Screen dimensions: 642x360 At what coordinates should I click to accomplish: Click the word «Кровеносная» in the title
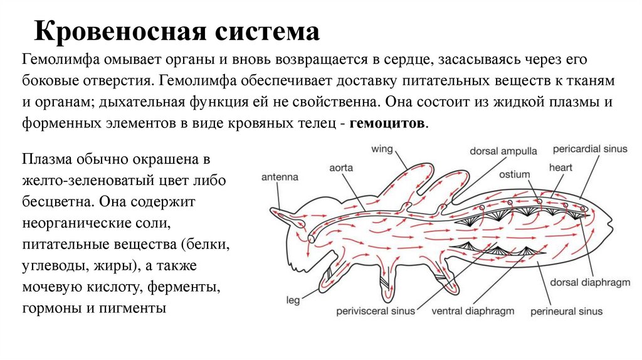pyautogui.click(x=117, y=31)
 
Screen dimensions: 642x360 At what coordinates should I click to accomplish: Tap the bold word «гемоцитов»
pyautogui.click(x=389, y=123)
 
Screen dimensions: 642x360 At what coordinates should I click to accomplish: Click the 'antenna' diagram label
pyautogui.click(x=280, y=177)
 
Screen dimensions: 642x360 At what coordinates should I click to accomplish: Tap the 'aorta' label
pyautogui.click(x=341, y=168)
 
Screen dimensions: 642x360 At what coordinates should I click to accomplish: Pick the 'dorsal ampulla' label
pyautogui.click(x=503, y=151)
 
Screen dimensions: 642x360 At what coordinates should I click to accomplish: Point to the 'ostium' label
pyautogui.click(x=515, y=174)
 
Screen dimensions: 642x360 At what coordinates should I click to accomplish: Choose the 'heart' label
pyautogui.click(x=561, y=167)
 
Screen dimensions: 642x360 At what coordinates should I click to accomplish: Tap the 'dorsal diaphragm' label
pyautogui.click(x=590, y=283)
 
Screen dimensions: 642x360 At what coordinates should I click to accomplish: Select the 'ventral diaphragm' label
pyautogui.click(x=473, y=310)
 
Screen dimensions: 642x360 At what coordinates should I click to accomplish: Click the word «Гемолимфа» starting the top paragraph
pyautogui.click(x=58, y=60)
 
